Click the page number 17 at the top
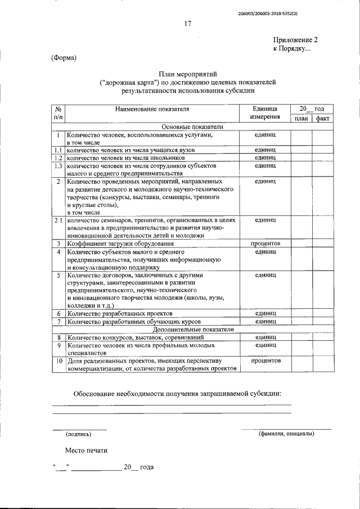188,24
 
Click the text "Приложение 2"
295,40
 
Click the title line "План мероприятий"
187,74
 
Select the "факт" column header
322,119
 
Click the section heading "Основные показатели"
192,127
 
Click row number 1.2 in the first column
58,159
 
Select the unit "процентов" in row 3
266,244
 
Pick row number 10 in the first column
58,361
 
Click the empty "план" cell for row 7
301,321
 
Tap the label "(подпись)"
79,434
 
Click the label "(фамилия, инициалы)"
286,434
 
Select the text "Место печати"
85,451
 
